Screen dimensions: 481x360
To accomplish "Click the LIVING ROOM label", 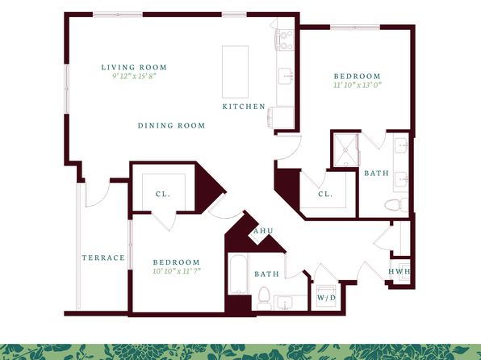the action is click(134, 67).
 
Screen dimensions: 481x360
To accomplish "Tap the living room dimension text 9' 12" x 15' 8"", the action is click(135, 76).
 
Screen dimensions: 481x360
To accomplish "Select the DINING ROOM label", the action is click(171, 126).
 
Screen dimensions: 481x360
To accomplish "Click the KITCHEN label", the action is click(244, 107).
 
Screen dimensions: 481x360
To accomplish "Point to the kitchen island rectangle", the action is click(236, 72).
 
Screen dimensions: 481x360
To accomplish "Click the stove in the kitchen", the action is click(285, 40).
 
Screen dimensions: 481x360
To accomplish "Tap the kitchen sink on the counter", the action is click(286, 76).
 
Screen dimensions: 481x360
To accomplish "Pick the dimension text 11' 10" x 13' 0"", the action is click(358, 85).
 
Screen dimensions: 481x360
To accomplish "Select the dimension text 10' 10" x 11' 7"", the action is click(177, 271).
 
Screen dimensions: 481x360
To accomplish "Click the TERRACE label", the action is click(103, 257).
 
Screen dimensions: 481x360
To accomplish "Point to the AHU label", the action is click(263, 231).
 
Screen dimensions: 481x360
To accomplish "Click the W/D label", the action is click(326, 298).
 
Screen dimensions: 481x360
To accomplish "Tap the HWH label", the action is click(399, 271).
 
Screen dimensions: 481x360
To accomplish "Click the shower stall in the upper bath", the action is click(345, 150).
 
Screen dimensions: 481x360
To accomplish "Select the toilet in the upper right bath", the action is click(396, 205).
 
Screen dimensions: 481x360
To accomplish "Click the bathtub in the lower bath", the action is click(238, 274).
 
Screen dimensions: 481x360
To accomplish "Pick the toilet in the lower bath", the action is click(264, 299).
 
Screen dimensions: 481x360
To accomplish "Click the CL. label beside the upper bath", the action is click(325, 195).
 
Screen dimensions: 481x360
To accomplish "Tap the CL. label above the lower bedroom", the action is click(162, 195).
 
